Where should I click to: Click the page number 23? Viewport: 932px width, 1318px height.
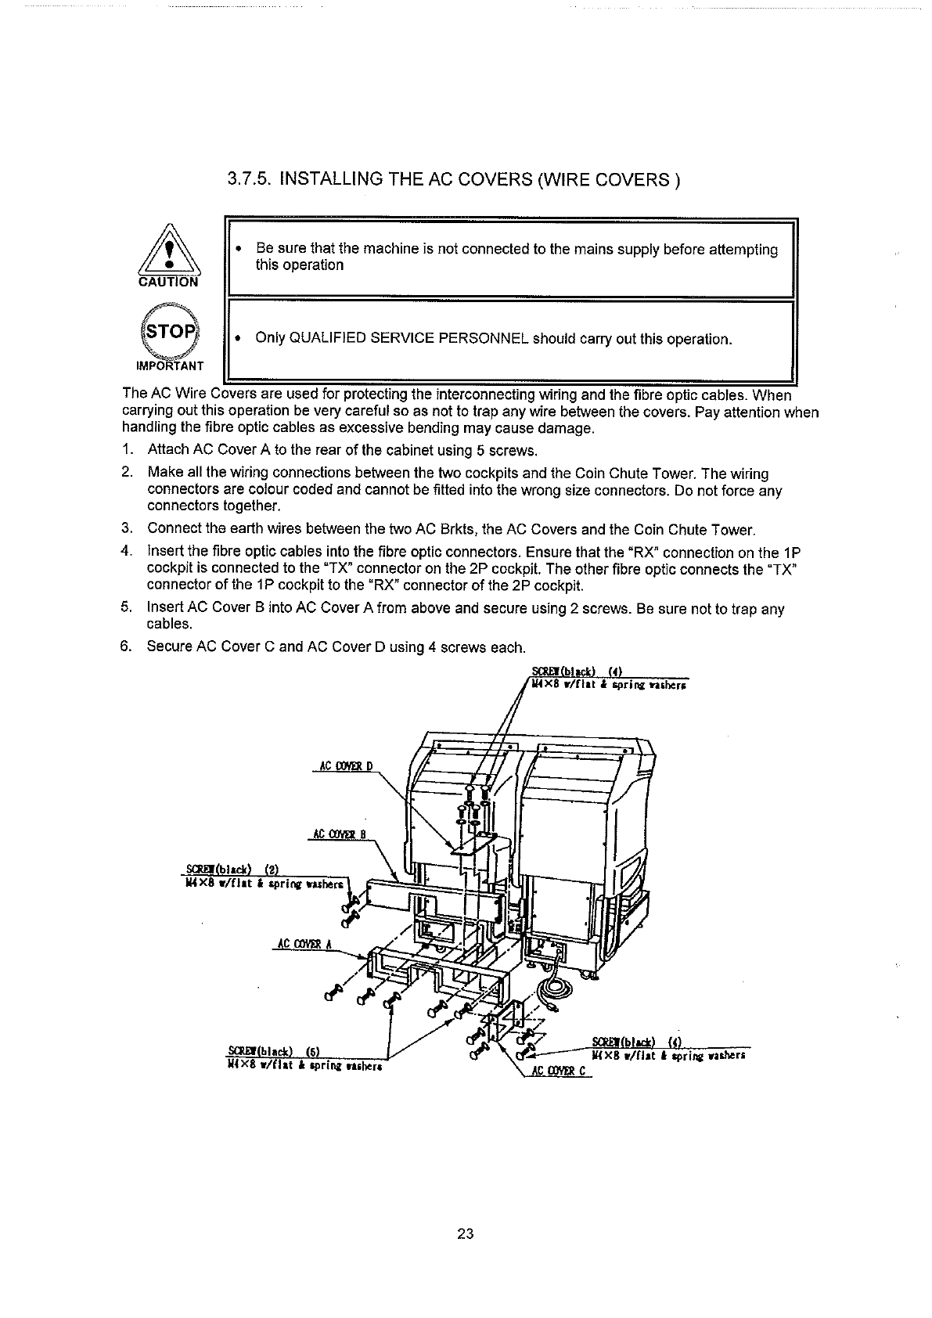coord(466,1234)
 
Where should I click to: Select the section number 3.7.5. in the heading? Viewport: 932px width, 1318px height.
coord(249,181)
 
